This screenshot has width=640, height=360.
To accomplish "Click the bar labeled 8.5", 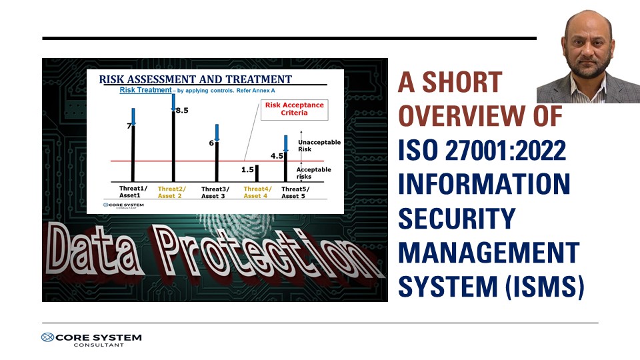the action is pos(173,146).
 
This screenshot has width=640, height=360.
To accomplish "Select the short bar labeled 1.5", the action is pos(257,173).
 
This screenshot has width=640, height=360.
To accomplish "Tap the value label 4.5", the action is pos(277,156).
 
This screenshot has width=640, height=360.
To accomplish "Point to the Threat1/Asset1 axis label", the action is pos(133,192).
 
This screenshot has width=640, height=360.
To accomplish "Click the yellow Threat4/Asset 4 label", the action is pos(257,192).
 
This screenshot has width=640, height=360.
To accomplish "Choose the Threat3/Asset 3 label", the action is pos(215,192).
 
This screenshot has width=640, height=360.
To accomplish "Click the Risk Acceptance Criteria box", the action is pos(294,109).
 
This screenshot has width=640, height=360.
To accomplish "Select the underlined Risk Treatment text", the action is pos(145,90).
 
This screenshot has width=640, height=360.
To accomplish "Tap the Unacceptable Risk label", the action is pos(319,145).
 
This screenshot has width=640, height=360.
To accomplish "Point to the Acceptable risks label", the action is pos(313,173).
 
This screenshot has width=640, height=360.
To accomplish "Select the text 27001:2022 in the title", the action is pos(505,150).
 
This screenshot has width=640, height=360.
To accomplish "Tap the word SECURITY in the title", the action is pos(457,219).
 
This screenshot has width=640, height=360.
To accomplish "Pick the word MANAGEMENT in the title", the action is pos(489,252).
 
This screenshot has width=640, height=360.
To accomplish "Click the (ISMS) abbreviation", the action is pos(545,287).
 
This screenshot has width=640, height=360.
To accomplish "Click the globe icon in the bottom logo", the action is pos(48,337).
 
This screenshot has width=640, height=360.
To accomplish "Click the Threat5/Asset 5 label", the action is pos(295,192).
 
